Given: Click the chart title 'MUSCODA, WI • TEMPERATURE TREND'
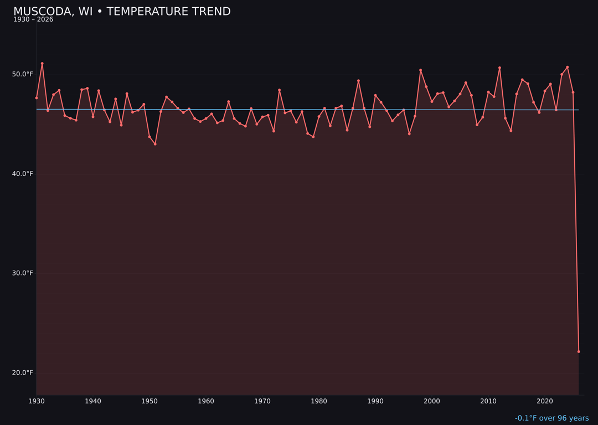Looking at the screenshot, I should (122, 12).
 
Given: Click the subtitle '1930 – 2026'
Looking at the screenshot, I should (33, 20).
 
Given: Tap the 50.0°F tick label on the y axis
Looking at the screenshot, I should (23, 74).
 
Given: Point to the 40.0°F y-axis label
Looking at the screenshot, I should (23, 174).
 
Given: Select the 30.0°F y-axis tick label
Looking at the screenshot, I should (23, 273).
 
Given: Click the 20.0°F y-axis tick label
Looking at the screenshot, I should (23, 372).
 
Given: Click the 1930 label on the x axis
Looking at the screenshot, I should (37, 401).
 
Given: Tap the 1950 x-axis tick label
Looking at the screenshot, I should (149, 401).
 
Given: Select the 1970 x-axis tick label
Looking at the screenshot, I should (262, 401).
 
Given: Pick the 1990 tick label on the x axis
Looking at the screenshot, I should (375, 401).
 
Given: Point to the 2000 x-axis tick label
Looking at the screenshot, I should (432, 401).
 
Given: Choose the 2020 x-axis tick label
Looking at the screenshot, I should (545, 401).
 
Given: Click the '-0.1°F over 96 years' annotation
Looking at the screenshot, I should (551, 418).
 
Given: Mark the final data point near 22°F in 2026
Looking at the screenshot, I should (579, 351).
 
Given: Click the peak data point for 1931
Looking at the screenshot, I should (42, 64).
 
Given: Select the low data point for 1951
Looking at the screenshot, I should (155, 144).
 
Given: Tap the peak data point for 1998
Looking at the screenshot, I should (420, 70).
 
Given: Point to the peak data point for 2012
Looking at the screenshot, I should (499, 68).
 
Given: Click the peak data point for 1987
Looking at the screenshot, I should (358, 81).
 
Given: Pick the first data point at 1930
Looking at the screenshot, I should (37, 98).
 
